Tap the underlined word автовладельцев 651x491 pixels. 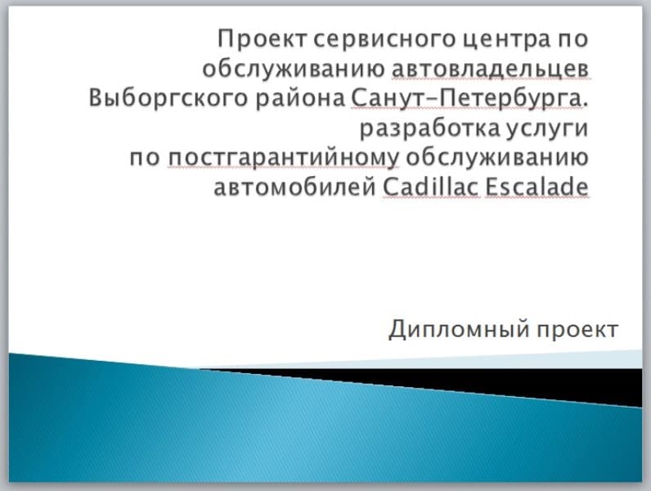pos(490,69)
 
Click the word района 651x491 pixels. pos(300,100)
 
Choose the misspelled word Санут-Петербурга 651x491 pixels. pos(465,99)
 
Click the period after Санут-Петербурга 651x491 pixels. pos(586,105)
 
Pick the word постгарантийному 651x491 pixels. pos(284,159)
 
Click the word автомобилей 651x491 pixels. pos(294,187)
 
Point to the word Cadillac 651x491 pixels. pos(431,187)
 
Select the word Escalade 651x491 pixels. pos(537,187)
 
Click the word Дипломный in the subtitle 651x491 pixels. pos(460,330)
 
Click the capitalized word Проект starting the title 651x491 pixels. pos(263,40)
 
